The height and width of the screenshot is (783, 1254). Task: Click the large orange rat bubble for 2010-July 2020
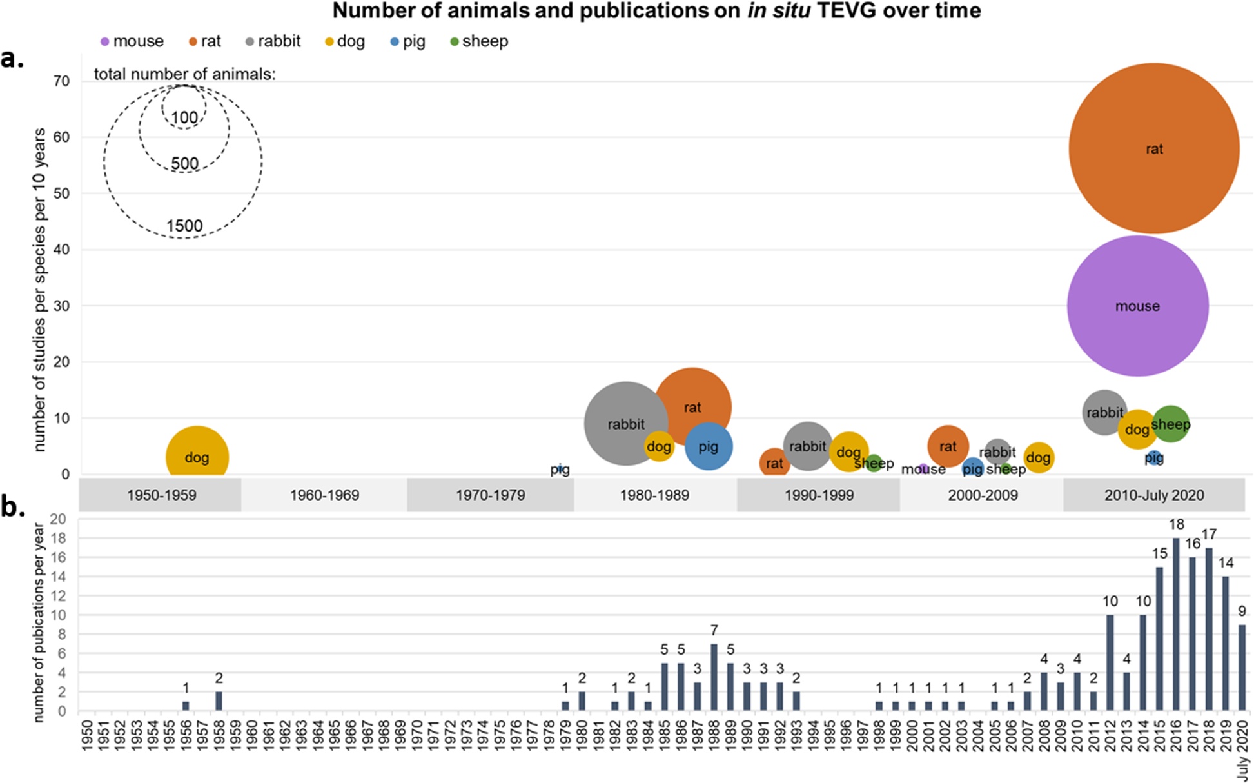point(1153,148)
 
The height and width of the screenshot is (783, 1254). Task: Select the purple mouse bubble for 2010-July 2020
point(1137,306)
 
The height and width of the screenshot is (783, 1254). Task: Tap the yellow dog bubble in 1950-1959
point(197,455)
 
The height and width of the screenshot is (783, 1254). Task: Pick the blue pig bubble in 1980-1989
point(709,446)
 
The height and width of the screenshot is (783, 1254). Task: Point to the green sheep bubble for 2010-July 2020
point(1170,424)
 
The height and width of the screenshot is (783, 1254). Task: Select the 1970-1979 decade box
point(490,495)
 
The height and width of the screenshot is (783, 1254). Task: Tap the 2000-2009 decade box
point(982,495)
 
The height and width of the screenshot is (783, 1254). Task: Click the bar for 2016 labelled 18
point(1176,624)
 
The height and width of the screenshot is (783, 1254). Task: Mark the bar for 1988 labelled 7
point(714,677)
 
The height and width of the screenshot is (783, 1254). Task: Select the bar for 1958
point(219,701)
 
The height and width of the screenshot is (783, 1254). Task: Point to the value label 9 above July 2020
point(1242,611)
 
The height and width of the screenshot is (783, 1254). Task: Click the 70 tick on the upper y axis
point(62,81)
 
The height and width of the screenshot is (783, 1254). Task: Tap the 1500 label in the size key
point(184,226)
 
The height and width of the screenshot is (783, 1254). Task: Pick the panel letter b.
point(13,508)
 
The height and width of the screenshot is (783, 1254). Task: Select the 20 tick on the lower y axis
point(58,519)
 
